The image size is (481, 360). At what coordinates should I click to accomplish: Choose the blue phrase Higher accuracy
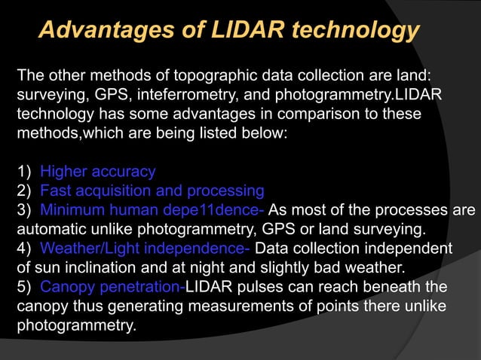(x=97, y=172)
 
